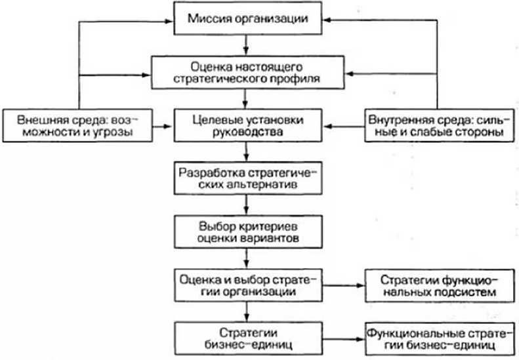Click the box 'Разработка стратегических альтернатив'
(x=247, y=178)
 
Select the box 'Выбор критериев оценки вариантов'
(x=247, y=230)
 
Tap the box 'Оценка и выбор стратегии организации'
(x=247, y=284)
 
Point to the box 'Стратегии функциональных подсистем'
(x=434, y=284)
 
